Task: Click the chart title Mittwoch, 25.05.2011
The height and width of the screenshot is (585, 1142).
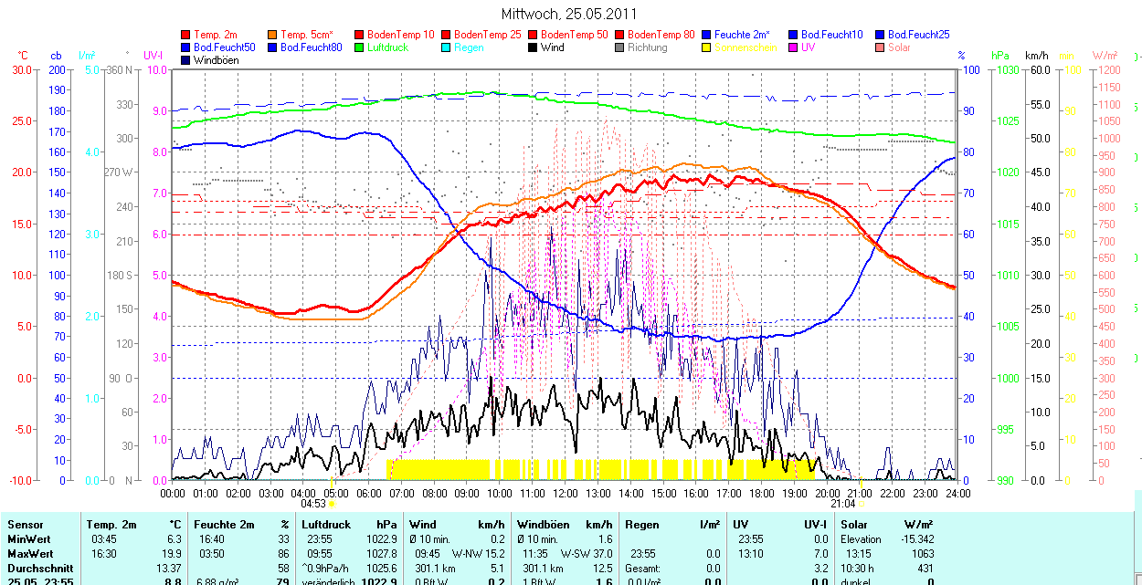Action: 569,14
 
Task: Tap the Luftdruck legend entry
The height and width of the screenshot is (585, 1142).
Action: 386,47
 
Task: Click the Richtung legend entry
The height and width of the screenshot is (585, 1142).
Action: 648,47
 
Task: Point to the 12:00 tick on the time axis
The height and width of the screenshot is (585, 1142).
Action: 566,493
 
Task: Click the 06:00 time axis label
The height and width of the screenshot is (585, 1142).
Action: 369,493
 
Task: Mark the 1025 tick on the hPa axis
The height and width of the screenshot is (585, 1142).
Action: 1006,120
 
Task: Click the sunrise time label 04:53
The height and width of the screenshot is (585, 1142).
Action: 313,503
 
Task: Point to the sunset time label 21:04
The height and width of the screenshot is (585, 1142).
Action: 843,503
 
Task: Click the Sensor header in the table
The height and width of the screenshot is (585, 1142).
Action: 25,525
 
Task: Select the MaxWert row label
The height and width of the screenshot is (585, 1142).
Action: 30,553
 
